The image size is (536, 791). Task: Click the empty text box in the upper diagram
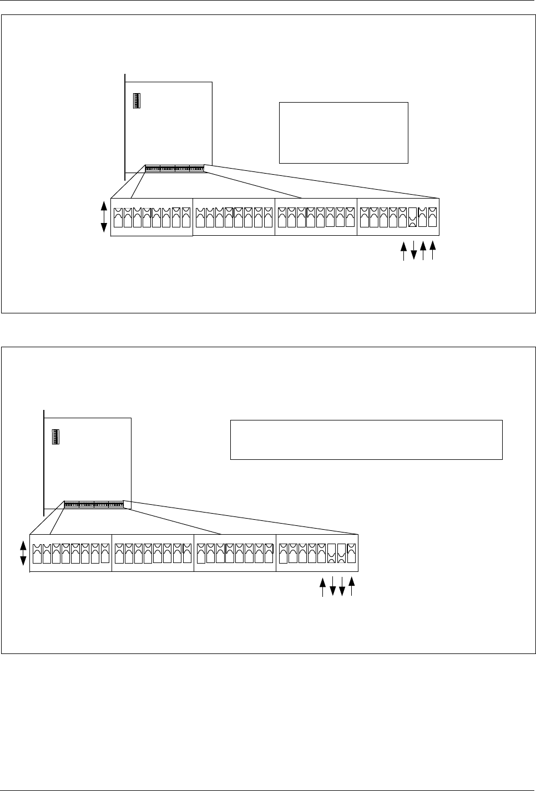click(x=343, y=133)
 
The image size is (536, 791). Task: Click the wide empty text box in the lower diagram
click(x=366, y=440)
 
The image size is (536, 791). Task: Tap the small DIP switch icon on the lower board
click(x=56, y=437)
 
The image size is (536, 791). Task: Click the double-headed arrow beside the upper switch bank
click(x=104, y=217)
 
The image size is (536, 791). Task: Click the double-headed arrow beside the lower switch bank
click(x=23, y=553)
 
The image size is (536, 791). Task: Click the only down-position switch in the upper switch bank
click(x=413, y=217)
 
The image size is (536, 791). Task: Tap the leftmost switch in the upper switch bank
click(x=118, y=217)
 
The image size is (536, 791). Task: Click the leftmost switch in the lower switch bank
click(x=37, y=554)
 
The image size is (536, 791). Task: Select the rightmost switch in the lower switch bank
click(x=351, y=554)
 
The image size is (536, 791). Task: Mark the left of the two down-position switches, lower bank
click(x=332, y=554)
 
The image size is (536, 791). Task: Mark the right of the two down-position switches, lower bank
click(x=342, y=554)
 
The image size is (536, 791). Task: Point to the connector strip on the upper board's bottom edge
click(x=174, y=168)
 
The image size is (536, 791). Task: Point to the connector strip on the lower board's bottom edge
click(x=93, y=505)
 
